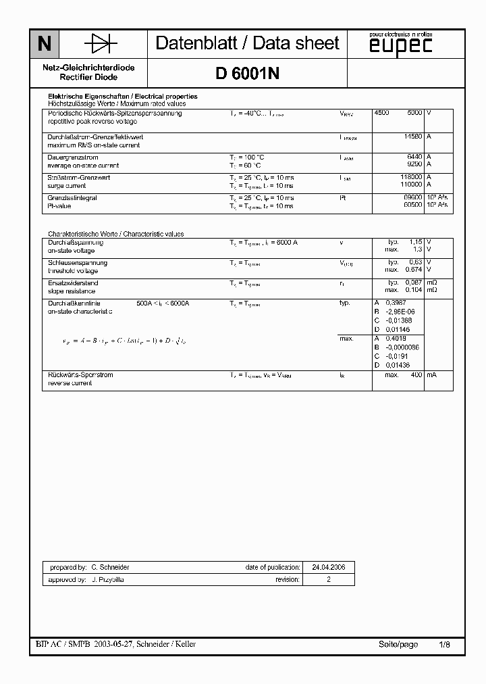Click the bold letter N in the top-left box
(x=45, y=45)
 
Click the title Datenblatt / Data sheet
(x=247, y=44)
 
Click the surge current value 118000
(x=411, y=178)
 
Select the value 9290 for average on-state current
(x=414, y=165)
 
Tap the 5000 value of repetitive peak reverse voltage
(x=414, y=114)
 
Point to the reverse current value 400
(x=416, y=375)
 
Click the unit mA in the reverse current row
(x=431, y=375)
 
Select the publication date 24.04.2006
(x=329, y=568)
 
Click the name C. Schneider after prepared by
(x=110, y=568)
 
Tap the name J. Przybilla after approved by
(x=107, y=580)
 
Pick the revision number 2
(x=329, y=580)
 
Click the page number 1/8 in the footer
(x=444, y=645)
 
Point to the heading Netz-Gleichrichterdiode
(x=88, y=68)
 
